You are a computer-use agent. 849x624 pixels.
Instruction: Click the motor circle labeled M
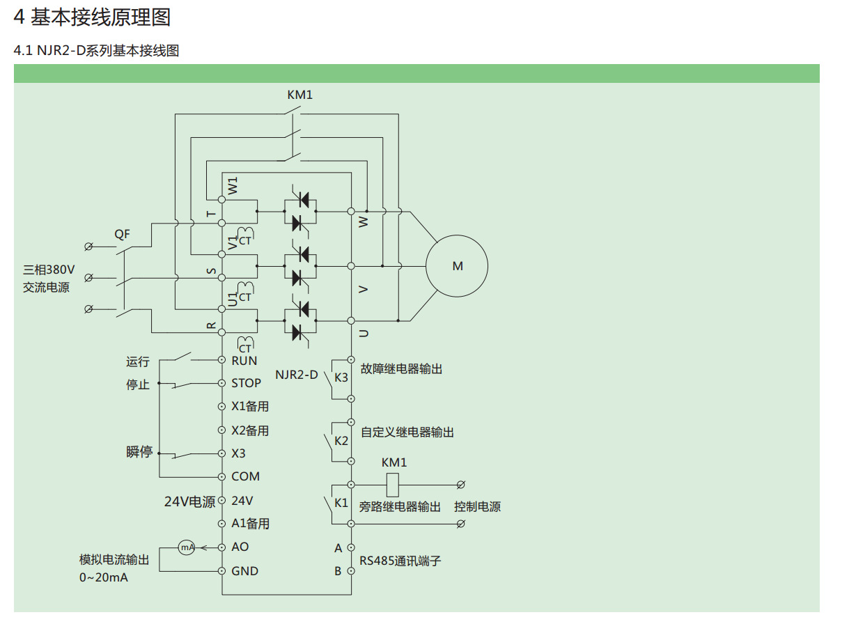(x=457, y=266)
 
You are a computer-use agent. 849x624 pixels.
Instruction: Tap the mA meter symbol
(x=187, y=547)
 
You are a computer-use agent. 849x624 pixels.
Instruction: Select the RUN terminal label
(x=244, y=361)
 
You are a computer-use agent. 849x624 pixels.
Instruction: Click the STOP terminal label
(x=246, y=383)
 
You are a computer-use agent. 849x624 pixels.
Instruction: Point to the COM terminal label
(x=245, y=476)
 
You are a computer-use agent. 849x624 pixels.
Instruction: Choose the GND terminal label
(x=244, y=571)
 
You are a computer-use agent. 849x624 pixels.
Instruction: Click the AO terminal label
(x=240, y=547)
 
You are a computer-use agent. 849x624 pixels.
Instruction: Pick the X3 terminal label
(x=238, y=453)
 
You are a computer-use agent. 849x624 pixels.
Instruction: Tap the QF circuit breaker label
(x=123, y=235)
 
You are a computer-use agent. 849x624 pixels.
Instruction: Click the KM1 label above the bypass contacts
(x=300, y=95)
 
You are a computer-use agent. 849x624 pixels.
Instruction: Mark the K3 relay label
(x=341, y=377)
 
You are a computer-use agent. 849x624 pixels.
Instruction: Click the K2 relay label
(x=341, y=441)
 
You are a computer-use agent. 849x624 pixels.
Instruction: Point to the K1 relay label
(x=341, y=503)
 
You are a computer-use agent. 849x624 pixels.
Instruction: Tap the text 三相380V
(x=49, y=270)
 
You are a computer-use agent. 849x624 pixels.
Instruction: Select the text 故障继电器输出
(x=401, y=369)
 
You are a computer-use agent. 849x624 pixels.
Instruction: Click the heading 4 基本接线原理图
(x=92, y=17)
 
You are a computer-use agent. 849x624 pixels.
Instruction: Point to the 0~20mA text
(x=103, y=578)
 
